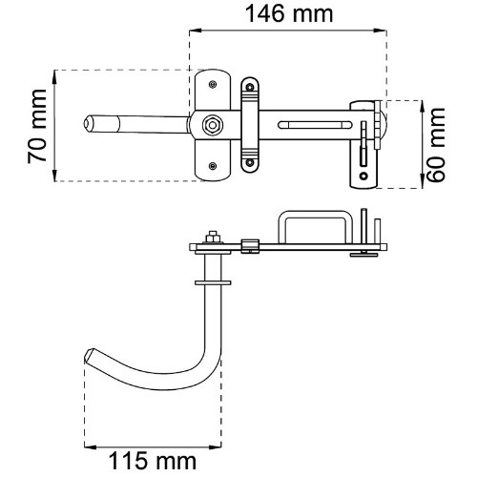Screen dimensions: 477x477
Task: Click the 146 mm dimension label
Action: (x=289, y=14)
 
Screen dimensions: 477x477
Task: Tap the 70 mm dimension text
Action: (x=37, y=127)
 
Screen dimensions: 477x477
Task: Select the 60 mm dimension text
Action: (x=436, y=145)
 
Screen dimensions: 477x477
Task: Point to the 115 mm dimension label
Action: (x=153, y=461)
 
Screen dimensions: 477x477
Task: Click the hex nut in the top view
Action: (x=212, y=125)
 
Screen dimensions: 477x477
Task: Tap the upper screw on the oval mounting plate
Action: (x=213, y=84)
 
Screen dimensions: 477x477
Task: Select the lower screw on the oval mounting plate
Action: (x=213, y=166)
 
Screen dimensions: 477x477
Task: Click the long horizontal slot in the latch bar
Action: (x=315, y=125)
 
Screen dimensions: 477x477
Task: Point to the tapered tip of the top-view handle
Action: (x=85, y=123)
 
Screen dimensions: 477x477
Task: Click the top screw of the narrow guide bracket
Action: (x=250, y=86)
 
